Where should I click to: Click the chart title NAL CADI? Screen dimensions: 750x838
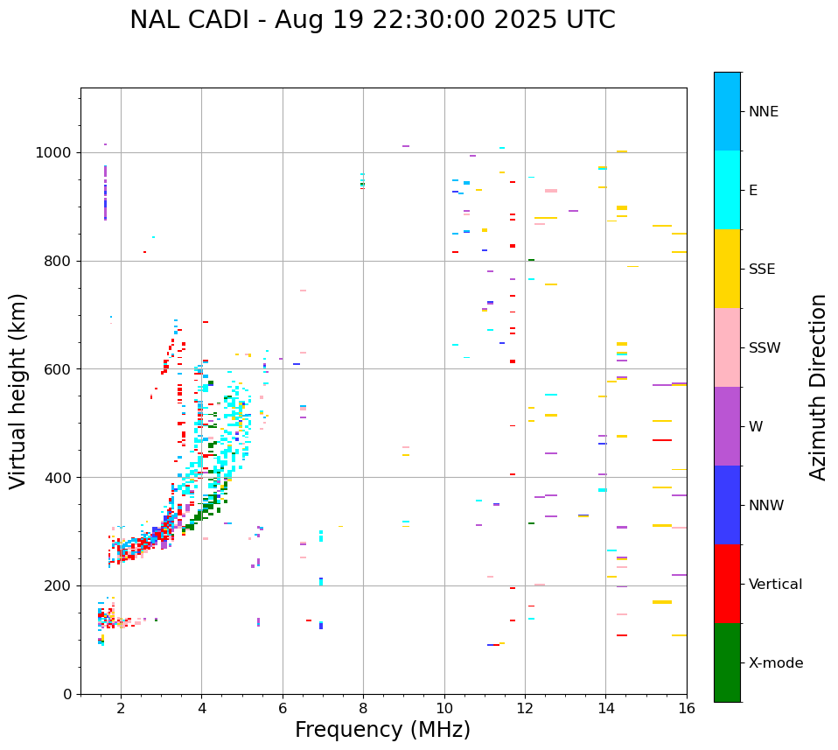tap(372, 20)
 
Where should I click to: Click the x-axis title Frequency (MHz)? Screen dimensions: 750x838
tap(382, 730)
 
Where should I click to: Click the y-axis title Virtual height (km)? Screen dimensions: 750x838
tap(18, 390)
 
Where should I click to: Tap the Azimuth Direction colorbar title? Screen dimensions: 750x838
tap(818, 387)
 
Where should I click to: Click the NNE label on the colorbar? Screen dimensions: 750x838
tap(763, 112)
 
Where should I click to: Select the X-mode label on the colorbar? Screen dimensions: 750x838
tap(776, 663)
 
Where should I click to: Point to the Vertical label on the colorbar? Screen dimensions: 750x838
tap(775, 585)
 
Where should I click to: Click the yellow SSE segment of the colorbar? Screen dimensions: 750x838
tap(727, 269)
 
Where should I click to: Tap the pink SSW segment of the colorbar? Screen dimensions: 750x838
tap(727, 347)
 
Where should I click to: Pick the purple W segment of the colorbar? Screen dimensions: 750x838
tap(727, 426)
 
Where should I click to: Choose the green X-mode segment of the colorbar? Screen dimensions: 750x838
tap(727, 662)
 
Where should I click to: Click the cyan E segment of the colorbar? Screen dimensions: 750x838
tap(727, 190)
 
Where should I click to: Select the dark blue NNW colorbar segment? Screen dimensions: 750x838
tap(727, 505)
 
